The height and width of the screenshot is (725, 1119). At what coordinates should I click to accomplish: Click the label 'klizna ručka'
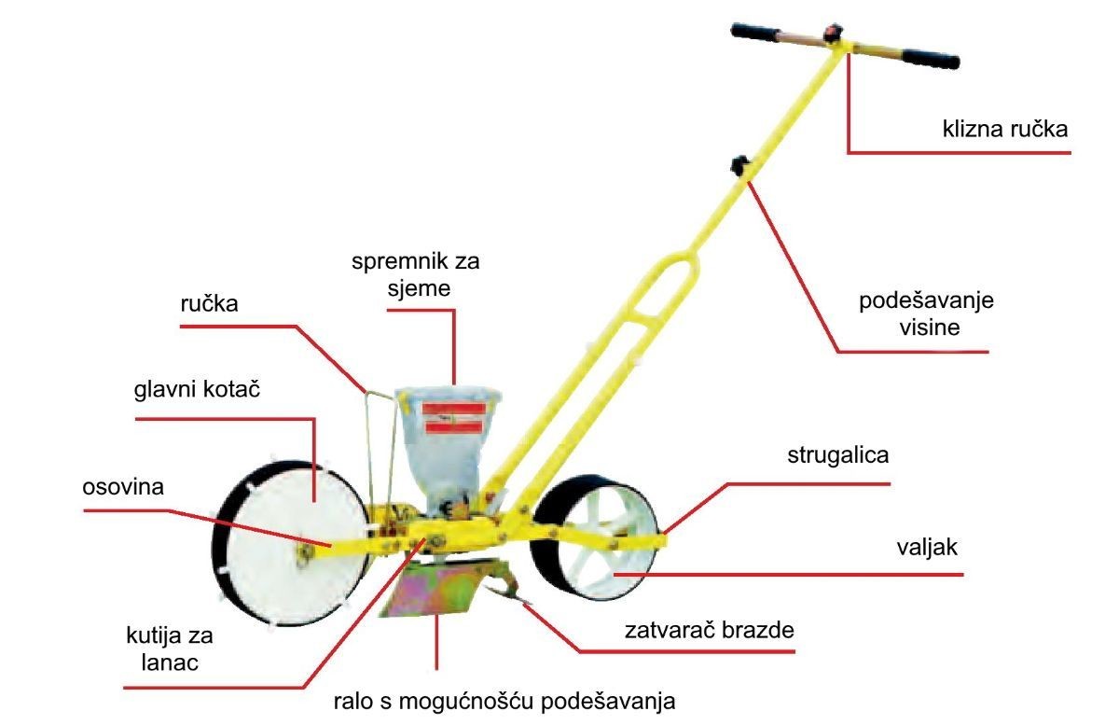point(1005,129)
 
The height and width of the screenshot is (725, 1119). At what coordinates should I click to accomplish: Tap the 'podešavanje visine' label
point(927,314)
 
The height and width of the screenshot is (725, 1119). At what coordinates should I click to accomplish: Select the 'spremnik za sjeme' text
point(416,274)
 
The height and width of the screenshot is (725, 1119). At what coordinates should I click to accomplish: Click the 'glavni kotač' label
point(198,389)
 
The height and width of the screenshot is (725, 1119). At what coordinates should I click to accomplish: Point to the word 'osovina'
point(123,487)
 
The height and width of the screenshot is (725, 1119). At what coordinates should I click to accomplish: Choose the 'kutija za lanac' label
point(170,649)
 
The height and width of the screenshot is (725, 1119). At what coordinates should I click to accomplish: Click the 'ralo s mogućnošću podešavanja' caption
point(504,701)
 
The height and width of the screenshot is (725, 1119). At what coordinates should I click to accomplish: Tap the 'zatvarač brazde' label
point(710,630)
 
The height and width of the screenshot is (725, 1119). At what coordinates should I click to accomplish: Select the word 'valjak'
point(927,548)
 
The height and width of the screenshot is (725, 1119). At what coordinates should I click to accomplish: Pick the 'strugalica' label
point(838,455)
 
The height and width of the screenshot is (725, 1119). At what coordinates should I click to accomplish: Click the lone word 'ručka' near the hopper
point(209,303)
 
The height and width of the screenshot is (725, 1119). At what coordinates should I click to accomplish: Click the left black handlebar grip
point(754,32)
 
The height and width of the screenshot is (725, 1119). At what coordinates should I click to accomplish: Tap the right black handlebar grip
point(931,59)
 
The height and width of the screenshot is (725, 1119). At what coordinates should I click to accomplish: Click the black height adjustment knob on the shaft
point(740,165)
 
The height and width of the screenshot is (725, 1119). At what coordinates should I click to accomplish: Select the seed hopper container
point(448,450)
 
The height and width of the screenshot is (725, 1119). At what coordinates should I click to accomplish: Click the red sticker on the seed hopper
point(453,418)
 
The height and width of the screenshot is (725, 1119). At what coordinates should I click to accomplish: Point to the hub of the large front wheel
point(303,552)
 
